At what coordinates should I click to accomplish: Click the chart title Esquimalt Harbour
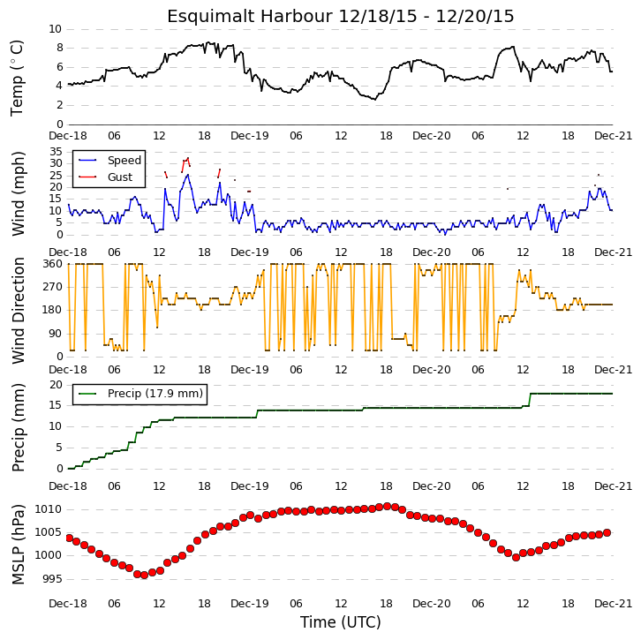[250, 17]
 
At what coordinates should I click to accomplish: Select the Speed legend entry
[124, 160]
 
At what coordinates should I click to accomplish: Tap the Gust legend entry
[120, 177]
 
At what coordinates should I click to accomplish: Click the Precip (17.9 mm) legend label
[155, 393]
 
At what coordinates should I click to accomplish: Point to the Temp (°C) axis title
[17, 78]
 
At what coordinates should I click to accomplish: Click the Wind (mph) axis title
[18, 193]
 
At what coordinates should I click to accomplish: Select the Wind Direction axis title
[18, 311]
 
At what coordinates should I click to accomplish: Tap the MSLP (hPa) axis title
[18, 544]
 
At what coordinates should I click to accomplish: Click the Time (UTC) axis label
[341, 622]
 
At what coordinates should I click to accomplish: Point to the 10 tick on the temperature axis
[56, 29]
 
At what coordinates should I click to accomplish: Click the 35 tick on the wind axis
[56, 152]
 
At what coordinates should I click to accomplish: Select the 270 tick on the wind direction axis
[53, 287]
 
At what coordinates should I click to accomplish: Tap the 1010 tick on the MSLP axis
[49, 509]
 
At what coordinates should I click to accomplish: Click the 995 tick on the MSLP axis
[52, 579]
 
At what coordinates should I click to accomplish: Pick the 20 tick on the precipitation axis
[56, 385]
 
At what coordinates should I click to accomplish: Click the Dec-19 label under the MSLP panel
[250, 604]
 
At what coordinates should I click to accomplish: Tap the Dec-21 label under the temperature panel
[614, 136]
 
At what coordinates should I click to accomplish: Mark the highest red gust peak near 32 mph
[188, 158]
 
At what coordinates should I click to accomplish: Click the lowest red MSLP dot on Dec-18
[144, 575]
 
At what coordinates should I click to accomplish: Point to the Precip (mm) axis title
[18, 427]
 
